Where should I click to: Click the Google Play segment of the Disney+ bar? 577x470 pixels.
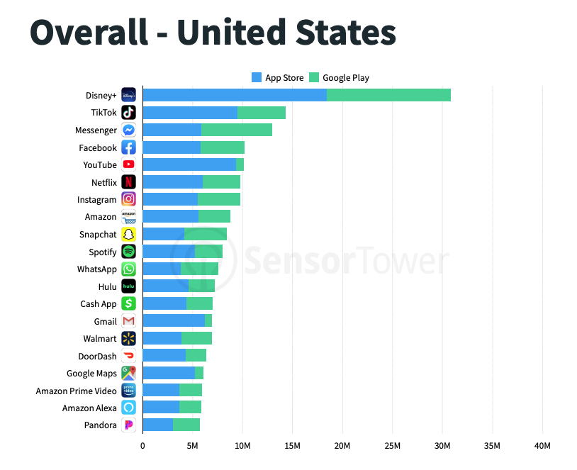point(388,95)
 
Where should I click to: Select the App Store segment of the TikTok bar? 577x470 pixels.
point(190,113)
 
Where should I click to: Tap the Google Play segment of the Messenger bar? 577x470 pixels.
point(237,130)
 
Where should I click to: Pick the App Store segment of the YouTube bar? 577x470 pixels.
point(189,164)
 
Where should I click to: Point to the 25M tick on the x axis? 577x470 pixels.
point(392,445)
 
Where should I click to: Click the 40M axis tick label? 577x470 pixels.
point(542,445)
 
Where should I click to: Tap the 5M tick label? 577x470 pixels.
point(193,445)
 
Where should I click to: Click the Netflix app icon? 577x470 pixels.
point(128,182)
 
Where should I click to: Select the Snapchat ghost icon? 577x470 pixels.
point(128,234)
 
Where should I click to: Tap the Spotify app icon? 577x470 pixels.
point(128,252)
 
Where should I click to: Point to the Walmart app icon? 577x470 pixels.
point(128,339)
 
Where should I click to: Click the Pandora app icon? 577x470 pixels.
point(128,425)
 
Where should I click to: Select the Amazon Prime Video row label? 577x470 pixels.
point(77,391)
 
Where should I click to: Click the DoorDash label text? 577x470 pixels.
point(97,356)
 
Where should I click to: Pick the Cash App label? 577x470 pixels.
point(99,304)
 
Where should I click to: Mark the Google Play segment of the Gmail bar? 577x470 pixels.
point(208,321)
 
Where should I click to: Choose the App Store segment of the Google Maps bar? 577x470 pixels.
point(169,373)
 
